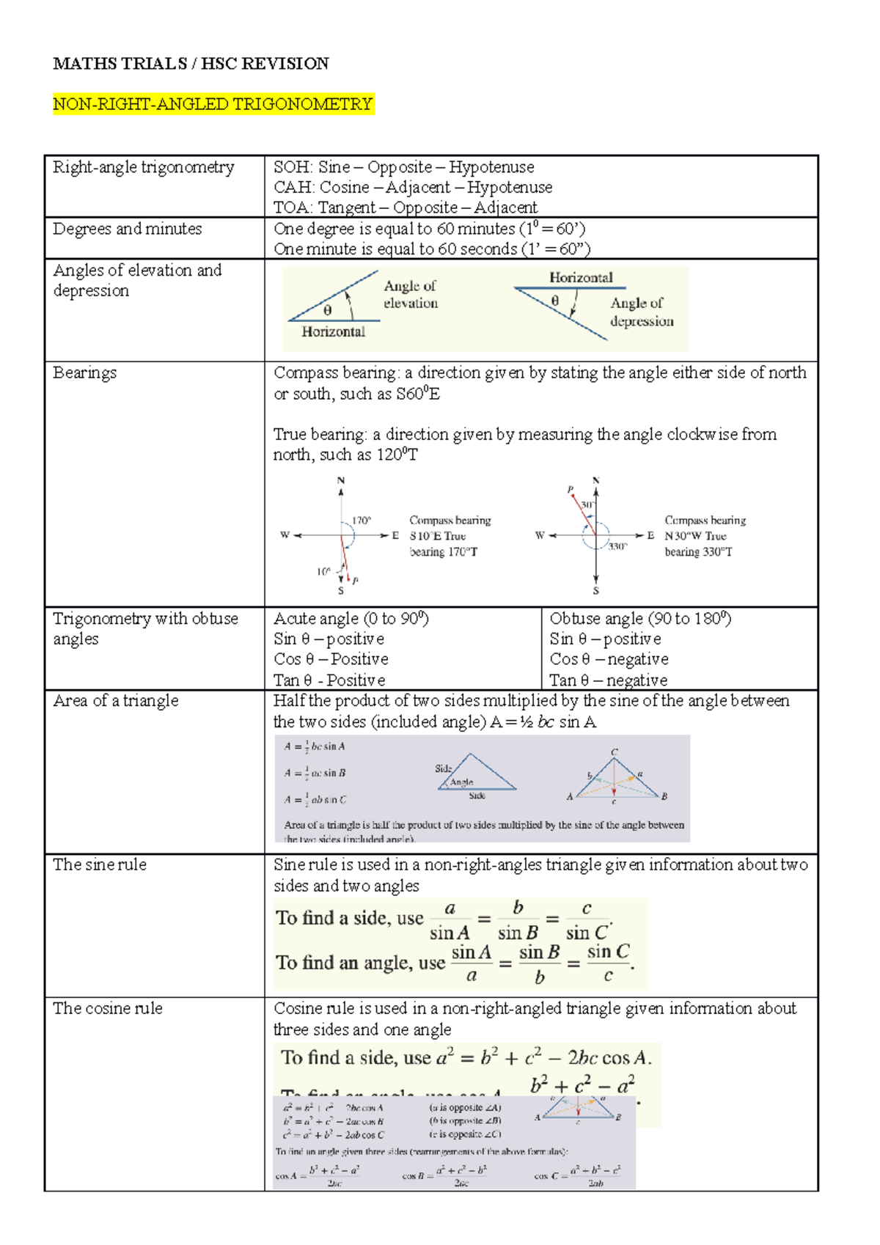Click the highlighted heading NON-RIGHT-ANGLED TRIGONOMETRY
pos(213,104)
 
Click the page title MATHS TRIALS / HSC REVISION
pos(191,64)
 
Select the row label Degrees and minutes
pos(127,229)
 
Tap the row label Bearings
pos(84,372)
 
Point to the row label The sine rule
pos(100,865)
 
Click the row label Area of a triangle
pos(115,701)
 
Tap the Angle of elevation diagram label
pos(410,295)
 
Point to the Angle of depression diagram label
pos(641,312)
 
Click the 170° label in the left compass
pos(362,521)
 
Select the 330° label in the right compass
pos(617,546)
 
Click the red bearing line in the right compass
pos(584,514)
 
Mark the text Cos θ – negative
pos(609,659)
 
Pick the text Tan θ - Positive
pos(329,680)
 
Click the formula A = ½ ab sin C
pos(315,800)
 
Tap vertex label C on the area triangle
pos(615,752)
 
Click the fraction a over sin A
pos(450,921)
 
